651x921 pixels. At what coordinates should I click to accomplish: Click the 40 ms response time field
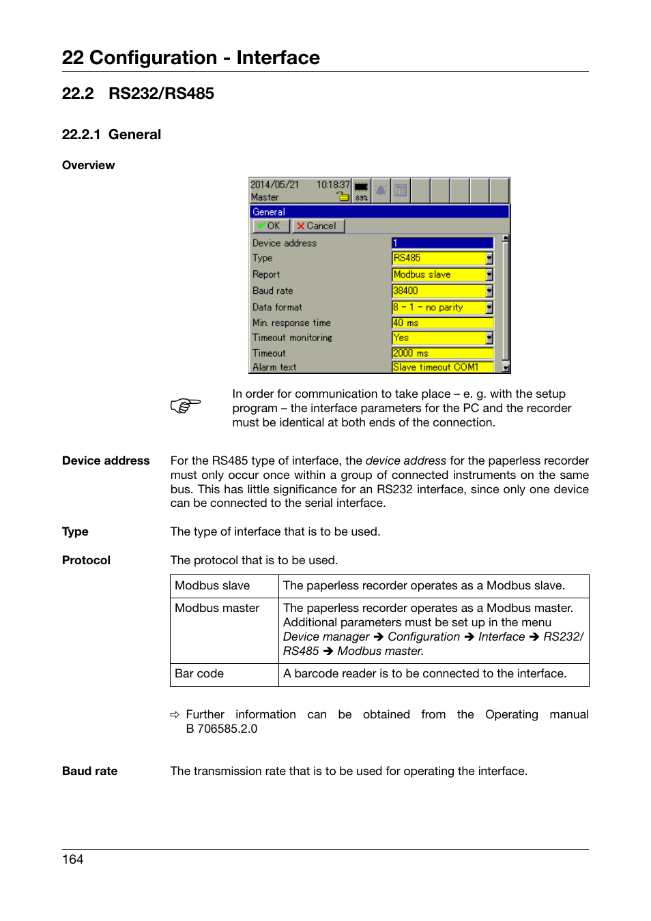click(442, 323)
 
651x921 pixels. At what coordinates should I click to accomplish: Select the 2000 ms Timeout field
click(442, 353)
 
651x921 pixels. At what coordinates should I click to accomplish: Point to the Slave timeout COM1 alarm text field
click(442, 367)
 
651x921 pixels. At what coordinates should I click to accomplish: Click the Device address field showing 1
click(442, 243)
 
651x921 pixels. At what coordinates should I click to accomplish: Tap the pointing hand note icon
click(185, 406)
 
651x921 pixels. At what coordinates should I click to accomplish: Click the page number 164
click(73, 860)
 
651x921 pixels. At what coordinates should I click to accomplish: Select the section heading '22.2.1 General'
click(111, 134)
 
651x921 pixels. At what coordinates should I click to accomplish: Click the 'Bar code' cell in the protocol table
click(199, 673)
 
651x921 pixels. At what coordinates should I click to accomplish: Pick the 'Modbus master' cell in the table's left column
click(217, 608)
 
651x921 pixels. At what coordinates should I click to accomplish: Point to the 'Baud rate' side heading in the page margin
click(89, 771)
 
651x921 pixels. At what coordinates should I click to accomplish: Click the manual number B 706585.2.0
click(222, 729)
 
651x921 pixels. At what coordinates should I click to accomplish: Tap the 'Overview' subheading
click(88, 165)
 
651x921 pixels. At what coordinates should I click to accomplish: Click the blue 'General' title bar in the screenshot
click(379, 211)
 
